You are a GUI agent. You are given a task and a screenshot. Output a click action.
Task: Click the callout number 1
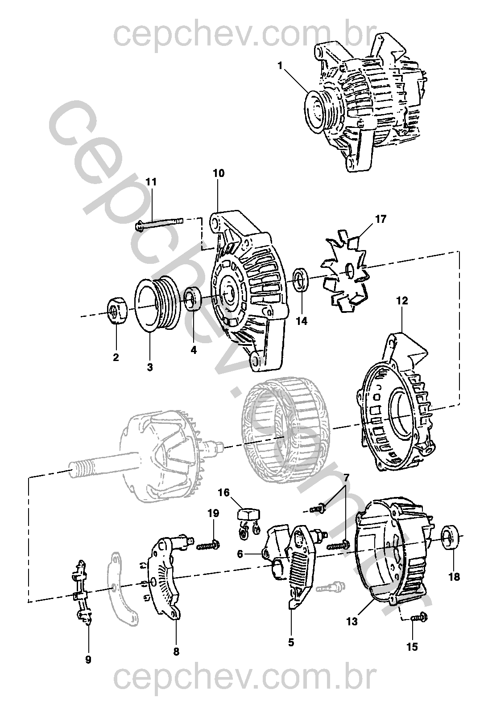(280, 66)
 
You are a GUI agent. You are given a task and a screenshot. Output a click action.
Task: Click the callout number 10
(219, 173)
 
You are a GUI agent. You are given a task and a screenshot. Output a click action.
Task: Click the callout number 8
(176, 651)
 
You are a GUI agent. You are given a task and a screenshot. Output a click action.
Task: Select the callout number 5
(291, 642)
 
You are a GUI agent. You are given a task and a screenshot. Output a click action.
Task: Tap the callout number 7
(347, 478)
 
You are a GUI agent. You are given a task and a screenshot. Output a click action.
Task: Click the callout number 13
(352, 621)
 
